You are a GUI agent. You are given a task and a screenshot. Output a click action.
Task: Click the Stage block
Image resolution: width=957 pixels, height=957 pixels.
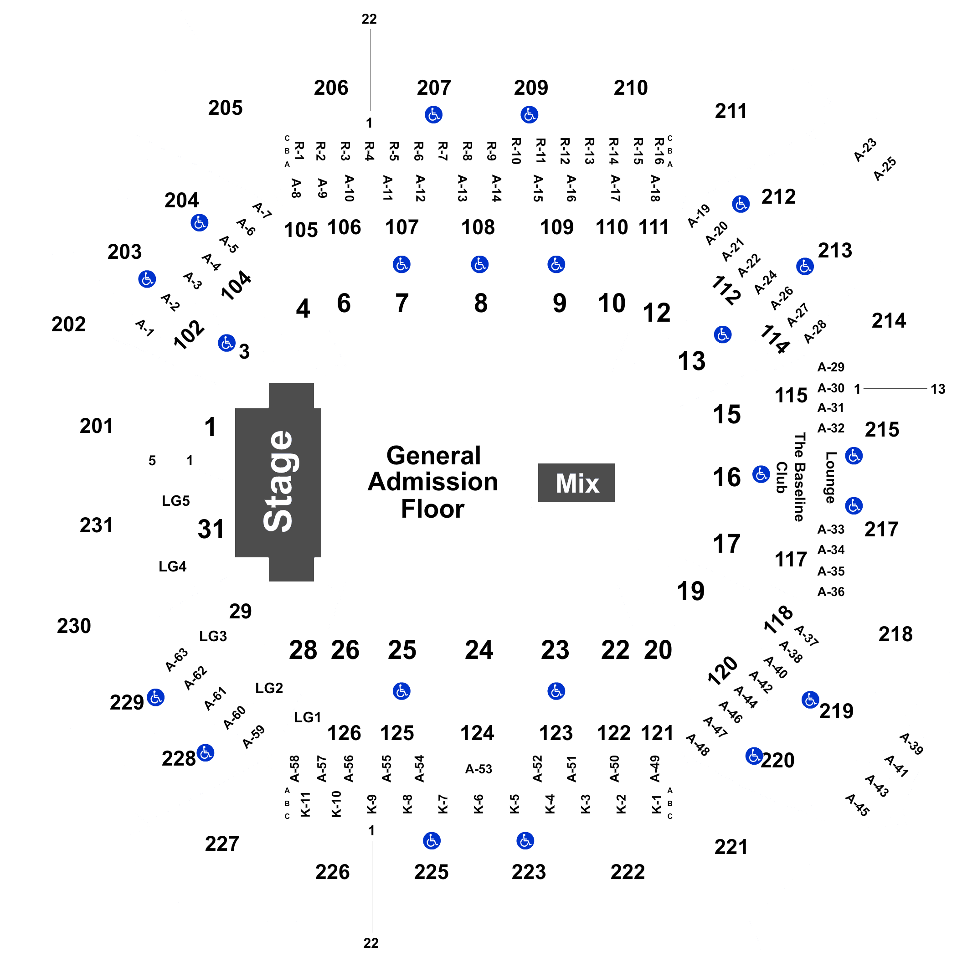(278, 482)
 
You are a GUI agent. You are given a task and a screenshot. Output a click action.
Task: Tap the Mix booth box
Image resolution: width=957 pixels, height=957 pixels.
(576, 483)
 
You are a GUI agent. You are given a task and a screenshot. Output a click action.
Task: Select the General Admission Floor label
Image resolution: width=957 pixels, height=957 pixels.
(432, 482)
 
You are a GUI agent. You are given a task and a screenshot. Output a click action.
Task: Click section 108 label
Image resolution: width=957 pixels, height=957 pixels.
(478, 227)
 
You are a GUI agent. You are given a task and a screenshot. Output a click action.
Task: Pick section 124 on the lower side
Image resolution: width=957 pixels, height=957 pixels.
(477, 733)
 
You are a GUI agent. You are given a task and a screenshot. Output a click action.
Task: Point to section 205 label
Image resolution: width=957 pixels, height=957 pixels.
(226, 108)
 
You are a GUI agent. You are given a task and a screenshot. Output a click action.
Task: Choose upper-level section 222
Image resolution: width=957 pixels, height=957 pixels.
(628, 872)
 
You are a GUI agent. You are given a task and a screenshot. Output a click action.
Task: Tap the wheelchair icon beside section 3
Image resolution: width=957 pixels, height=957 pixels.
(226, 343)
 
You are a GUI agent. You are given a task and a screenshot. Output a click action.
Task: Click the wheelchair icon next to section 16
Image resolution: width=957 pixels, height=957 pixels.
(761, 474)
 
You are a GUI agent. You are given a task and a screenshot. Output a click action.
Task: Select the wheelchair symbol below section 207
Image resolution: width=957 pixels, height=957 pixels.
(433, 114)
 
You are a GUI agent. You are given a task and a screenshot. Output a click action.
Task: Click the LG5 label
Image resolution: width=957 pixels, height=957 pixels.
(176, 501)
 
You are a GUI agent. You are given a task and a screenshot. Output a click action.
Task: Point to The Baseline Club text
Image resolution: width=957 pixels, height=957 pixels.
(791, 477)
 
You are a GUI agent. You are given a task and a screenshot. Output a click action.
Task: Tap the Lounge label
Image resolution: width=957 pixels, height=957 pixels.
(831, 477)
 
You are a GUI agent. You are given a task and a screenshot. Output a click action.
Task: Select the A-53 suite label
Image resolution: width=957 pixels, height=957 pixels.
(478, 769)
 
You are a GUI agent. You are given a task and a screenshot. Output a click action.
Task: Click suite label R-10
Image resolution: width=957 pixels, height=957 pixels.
(516, 151)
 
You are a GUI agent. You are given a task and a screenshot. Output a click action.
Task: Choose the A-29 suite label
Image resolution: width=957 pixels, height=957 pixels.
(831, 367)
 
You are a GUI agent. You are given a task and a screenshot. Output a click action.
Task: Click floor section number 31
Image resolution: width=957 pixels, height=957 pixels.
(211, 529)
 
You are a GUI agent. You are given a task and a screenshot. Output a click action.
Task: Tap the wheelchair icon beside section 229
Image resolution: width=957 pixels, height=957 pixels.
(155, 697)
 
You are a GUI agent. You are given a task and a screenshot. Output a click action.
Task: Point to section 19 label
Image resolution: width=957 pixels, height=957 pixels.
(690, 591)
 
